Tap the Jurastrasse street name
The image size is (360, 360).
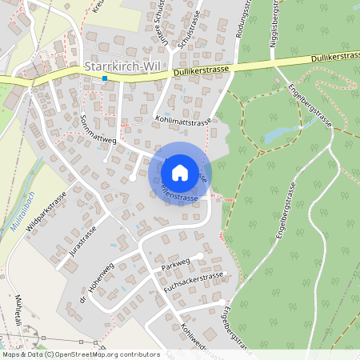[x=82, y=239]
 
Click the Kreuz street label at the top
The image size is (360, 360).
[x=98, y=7]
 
